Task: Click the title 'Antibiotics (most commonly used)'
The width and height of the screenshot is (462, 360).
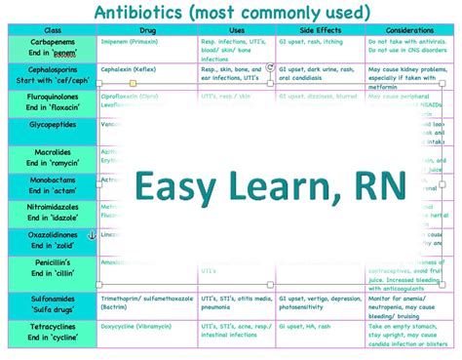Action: coord(231,12)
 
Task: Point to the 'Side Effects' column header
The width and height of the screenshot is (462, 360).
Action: coord(320,30)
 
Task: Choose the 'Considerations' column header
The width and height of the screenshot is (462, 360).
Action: coord(407,30)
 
